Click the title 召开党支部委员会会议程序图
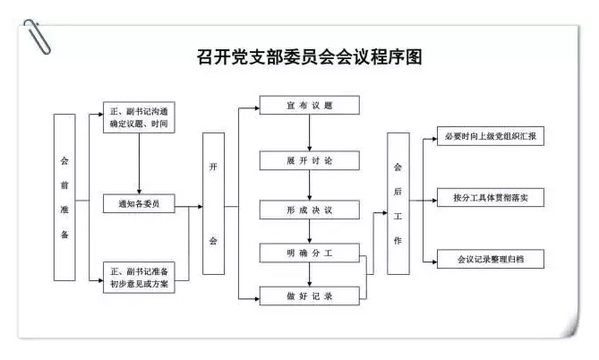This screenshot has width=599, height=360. tap(310, 57)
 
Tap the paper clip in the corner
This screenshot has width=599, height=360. tap(37, 37)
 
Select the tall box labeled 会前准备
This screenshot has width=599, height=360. tap(64, 197)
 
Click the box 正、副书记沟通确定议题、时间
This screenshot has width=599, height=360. tap(139, 117)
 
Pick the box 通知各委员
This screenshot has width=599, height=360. tap(139, 203)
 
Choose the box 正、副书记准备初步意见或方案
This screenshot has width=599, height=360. tap(139, 278)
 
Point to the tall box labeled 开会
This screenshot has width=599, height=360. tap(214, 203)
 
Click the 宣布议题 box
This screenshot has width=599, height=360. tap(310, 105)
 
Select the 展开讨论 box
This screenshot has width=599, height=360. tap(310, 160)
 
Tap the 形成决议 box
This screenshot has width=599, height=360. tap(310, 210)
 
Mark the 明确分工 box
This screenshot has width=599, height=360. tap(310, 253)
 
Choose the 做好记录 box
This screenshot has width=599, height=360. tap(310, 296)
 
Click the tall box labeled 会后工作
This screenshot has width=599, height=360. tap(398, 203)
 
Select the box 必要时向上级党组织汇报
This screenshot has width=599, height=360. tap(491, 136)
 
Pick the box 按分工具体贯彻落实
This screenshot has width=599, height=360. tap(491, 198)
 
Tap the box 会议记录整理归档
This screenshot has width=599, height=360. tap(491, 259)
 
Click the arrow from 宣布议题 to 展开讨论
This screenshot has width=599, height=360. tap(310, 133)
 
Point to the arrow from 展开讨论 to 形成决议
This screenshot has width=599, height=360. tap(310, 185)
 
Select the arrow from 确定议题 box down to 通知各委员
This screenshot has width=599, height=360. tap(139, 164)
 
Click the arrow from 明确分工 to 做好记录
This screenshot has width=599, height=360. tap(310, 274)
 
